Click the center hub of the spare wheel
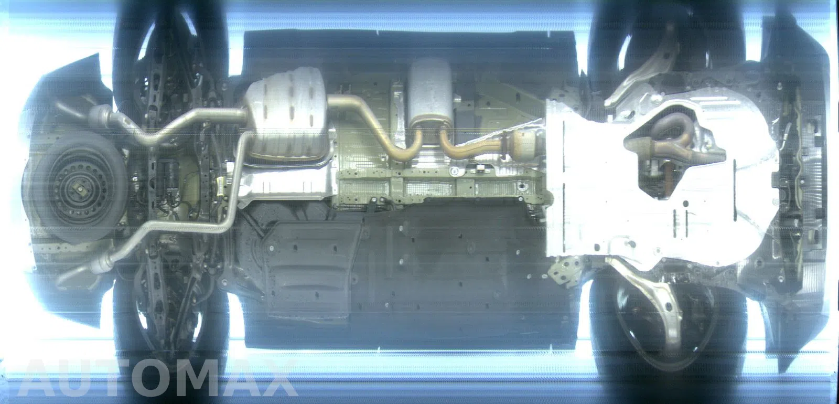(x=80, y=188)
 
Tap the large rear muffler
(x=286, y=114)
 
